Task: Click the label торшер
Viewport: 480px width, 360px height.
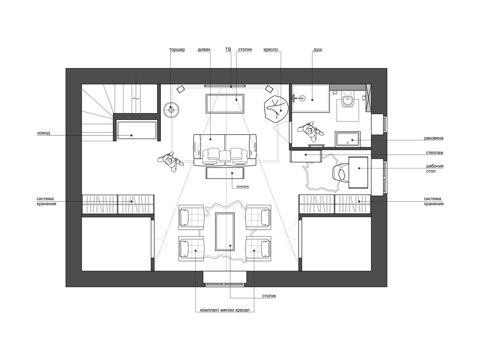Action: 177,50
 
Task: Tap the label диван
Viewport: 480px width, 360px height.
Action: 204,50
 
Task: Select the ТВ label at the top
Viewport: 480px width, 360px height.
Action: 228,49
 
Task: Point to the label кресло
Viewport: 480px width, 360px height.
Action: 271,50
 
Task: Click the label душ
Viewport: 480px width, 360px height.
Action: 318,50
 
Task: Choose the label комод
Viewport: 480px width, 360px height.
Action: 44,133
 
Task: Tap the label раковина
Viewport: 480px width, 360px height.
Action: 434,138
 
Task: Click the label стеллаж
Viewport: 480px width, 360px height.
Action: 435,153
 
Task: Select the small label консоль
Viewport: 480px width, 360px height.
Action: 243,186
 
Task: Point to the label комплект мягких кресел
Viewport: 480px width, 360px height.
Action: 225,310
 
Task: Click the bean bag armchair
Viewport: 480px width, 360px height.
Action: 276,109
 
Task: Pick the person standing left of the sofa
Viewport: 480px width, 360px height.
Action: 170,162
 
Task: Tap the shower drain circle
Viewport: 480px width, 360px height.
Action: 303,98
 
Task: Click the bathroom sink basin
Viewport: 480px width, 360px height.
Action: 348,139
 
